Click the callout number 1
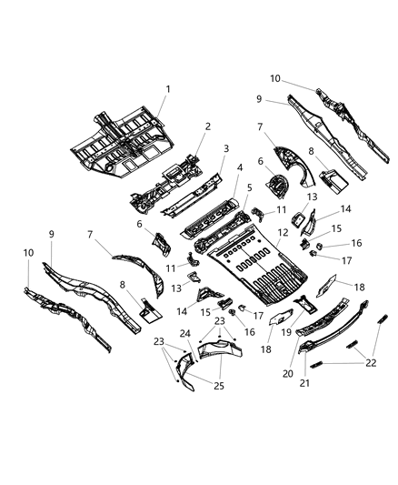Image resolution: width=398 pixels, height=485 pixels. pyautogui.click(x=167, y=88)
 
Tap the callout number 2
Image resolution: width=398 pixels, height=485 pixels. pyautogui.click(x=207, y=127)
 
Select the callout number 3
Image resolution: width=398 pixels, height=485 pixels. pyautogui.click(x=224, y=148)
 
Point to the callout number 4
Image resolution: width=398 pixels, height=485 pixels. pyautogui.click(x=240, y=168)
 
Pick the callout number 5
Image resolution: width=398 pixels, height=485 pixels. pyautogui.click(x=248, y=188)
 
